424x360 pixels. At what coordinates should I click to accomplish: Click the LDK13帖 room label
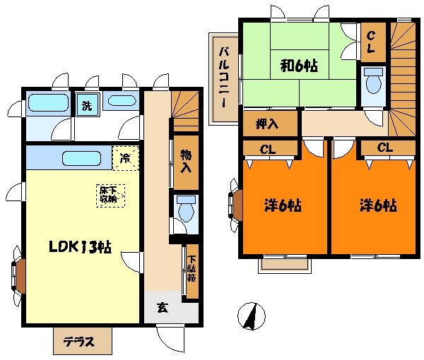[81, 246]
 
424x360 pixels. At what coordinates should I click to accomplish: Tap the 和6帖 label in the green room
[299, 66]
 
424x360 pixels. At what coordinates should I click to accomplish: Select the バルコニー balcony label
[224, 78]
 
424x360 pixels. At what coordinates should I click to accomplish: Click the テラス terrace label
[79, 342]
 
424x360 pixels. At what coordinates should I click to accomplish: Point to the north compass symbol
[252, 316]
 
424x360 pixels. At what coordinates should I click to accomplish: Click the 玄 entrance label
[163, 307]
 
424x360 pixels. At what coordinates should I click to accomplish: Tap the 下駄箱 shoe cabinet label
[192, 268]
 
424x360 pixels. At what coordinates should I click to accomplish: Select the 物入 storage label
[186, 161]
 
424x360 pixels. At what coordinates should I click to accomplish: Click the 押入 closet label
[267, 124]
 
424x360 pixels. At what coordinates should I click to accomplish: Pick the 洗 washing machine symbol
[87, 104]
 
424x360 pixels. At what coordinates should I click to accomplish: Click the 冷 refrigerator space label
[126, 158]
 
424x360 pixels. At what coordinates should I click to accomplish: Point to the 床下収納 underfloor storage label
[110, 196]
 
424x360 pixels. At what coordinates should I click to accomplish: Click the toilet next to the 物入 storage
[186, 209]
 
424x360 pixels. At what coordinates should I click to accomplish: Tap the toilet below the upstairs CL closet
[373, 80]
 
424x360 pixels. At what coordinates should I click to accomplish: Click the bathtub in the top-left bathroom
[48, 102]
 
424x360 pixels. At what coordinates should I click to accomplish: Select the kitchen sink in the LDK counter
[82, 158]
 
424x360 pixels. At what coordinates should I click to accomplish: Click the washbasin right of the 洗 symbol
[122, 101]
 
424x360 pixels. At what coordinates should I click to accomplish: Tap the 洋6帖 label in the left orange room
[282, 206]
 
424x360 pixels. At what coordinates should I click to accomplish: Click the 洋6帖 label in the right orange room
[378, 205]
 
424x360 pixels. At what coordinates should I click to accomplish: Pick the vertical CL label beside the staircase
[371, 42]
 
